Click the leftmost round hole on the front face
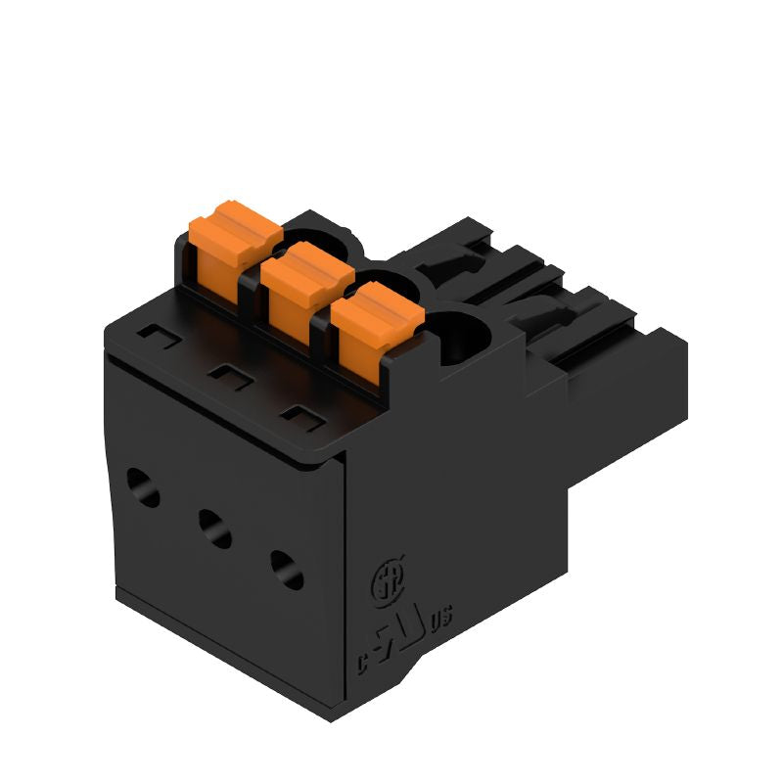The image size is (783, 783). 143,486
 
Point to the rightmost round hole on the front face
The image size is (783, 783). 287,570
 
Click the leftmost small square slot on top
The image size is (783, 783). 153,335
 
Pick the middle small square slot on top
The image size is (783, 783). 227,376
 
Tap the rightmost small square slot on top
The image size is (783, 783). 299,417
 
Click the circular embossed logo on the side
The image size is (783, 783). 381,584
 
